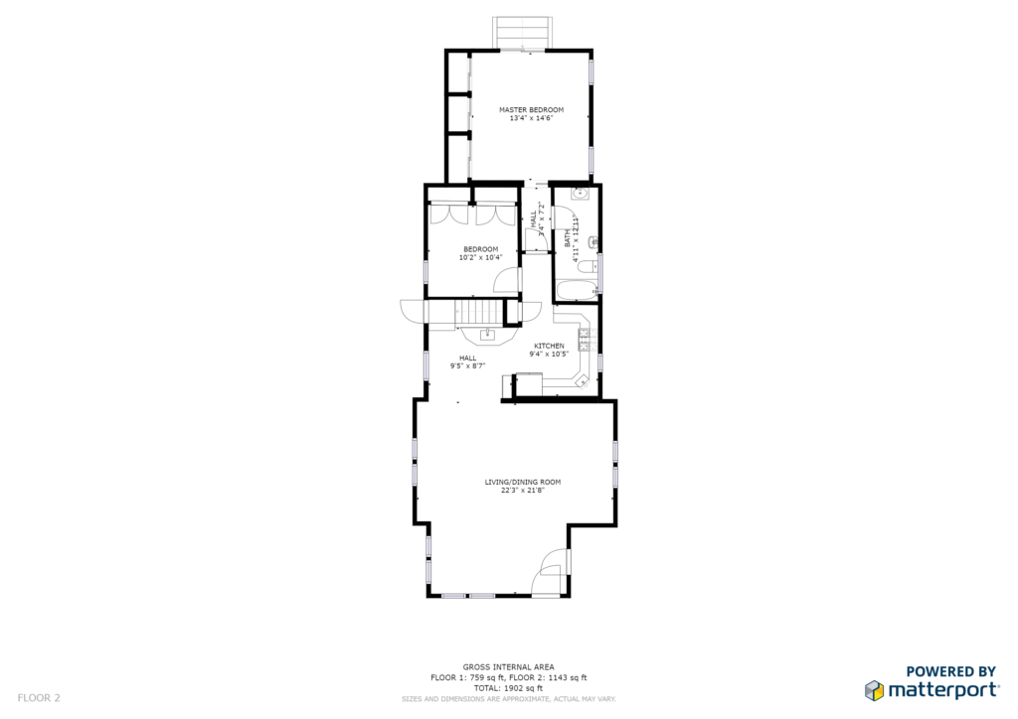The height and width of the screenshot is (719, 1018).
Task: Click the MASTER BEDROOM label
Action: click(x=531, y=110)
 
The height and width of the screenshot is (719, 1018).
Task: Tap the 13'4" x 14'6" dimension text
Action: click(x=531, y=118)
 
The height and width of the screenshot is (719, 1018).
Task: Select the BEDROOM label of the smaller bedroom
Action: click(x=481, y=249)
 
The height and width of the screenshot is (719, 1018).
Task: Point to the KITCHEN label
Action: click(x=549, y=347)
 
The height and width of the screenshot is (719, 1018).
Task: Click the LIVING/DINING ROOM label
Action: click(x=523, y=483)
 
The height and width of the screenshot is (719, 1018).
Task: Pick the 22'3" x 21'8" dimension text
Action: click(x=523, y=491)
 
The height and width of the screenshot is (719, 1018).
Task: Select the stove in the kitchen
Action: click(x=587, y=341)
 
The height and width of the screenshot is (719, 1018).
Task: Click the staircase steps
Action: click(x=479, y=312)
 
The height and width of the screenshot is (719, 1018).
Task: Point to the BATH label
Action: click(x=568, y=238)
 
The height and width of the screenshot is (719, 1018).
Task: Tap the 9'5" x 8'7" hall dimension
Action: click(x=468, y=366)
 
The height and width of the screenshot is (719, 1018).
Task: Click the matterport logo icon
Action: click(x=874, y=690)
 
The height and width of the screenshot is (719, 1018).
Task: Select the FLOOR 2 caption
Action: click(x=39, y=698)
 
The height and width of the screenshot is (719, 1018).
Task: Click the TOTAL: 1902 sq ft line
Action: click(x=508, y=688)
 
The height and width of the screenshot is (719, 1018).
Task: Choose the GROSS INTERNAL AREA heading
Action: click(x=508, y=667)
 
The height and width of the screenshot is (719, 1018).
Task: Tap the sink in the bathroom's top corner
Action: click(x=580, y=194)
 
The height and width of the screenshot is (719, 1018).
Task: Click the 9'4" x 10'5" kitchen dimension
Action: click(x=549, y=355)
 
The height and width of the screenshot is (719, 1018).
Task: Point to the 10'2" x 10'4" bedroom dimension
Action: click(x=481, y=258)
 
